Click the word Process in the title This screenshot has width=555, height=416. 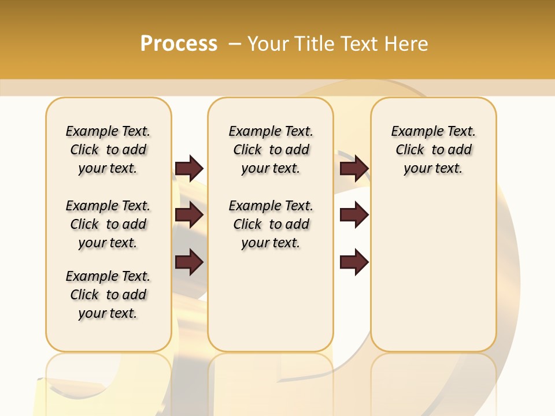179,43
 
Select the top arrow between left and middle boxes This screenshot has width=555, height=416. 189,168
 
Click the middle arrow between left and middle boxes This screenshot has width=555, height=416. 189,215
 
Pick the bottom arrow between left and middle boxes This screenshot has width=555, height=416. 189,262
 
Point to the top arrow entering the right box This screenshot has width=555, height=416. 354,168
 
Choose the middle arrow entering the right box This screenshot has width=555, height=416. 354,215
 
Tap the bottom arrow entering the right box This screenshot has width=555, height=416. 354,262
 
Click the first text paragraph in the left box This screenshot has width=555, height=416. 108,150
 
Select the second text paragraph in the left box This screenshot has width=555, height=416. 108,224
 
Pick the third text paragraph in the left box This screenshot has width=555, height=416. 108,295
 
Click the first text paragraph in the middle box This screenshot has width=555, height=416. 271,150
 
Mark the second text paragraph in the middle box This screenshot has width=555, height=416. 271,224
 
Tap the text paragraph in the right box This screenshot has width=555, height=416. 433,150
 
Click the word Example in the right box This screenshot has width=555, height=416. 413,132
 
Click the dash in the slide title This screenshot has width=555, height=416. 235,43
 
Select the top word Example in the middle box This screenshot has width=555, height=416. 250,132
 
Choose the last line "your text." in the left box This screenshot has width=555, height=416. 108,313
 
